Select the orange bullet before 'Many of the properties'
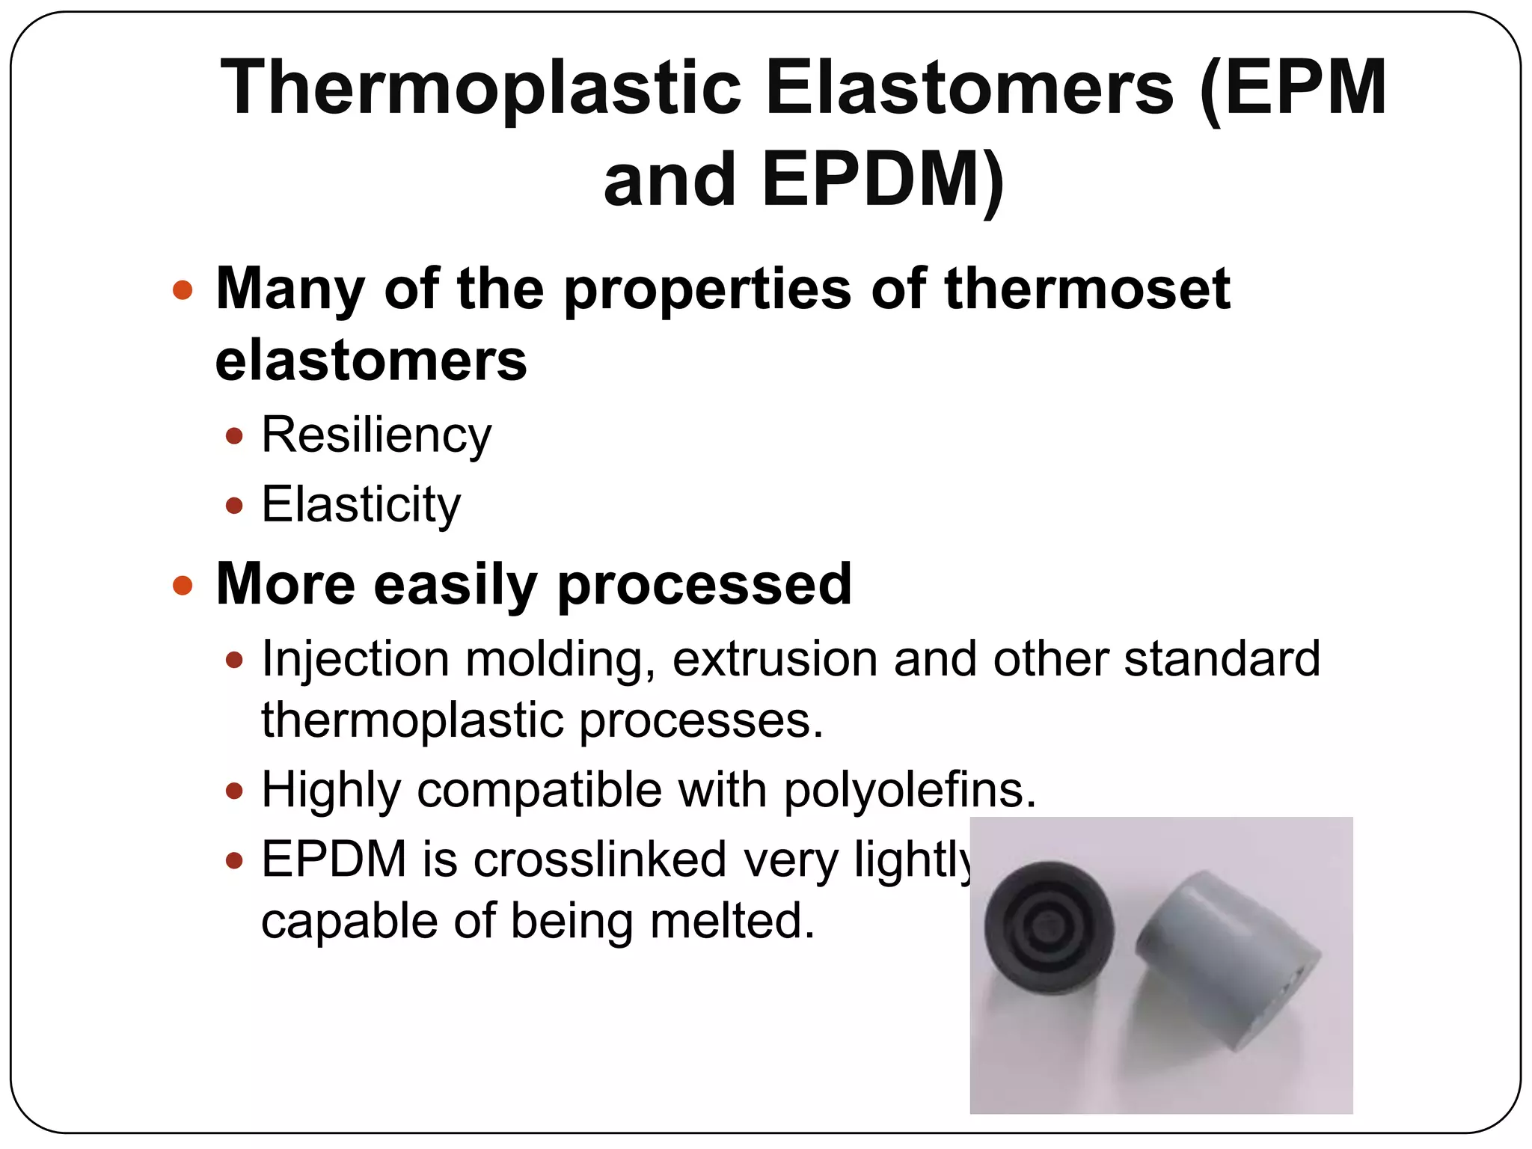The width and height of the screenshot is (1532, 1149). click(x=183, y=289)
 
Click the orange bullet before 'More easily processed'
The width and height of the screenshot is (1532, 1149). click(x=183, y=585)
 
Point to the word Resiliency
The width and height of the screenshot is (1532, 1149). click(x=376, y=436)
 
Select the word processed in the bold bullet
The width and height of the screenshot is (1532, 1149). click(x=704, y=585)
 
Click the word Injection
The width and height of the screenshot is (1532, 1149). click(x=355, y=661)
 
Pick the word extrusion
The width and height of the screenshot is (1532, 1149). click(x=775, y=661)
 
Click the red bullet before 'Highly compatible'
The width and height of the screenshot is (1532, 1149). click(x=234, y=791)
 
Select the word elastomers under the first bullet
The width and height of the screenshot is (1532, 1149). click(x=371, y=361)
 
